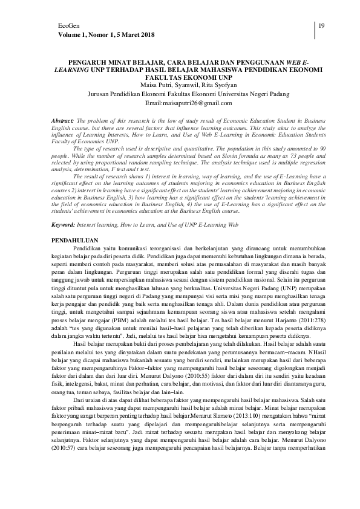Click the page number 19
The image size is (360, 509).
coord(321,25)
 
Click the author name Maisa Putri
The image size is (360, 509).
coord(156,85)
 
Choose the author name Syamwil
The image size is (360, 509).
coord(190,85)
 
